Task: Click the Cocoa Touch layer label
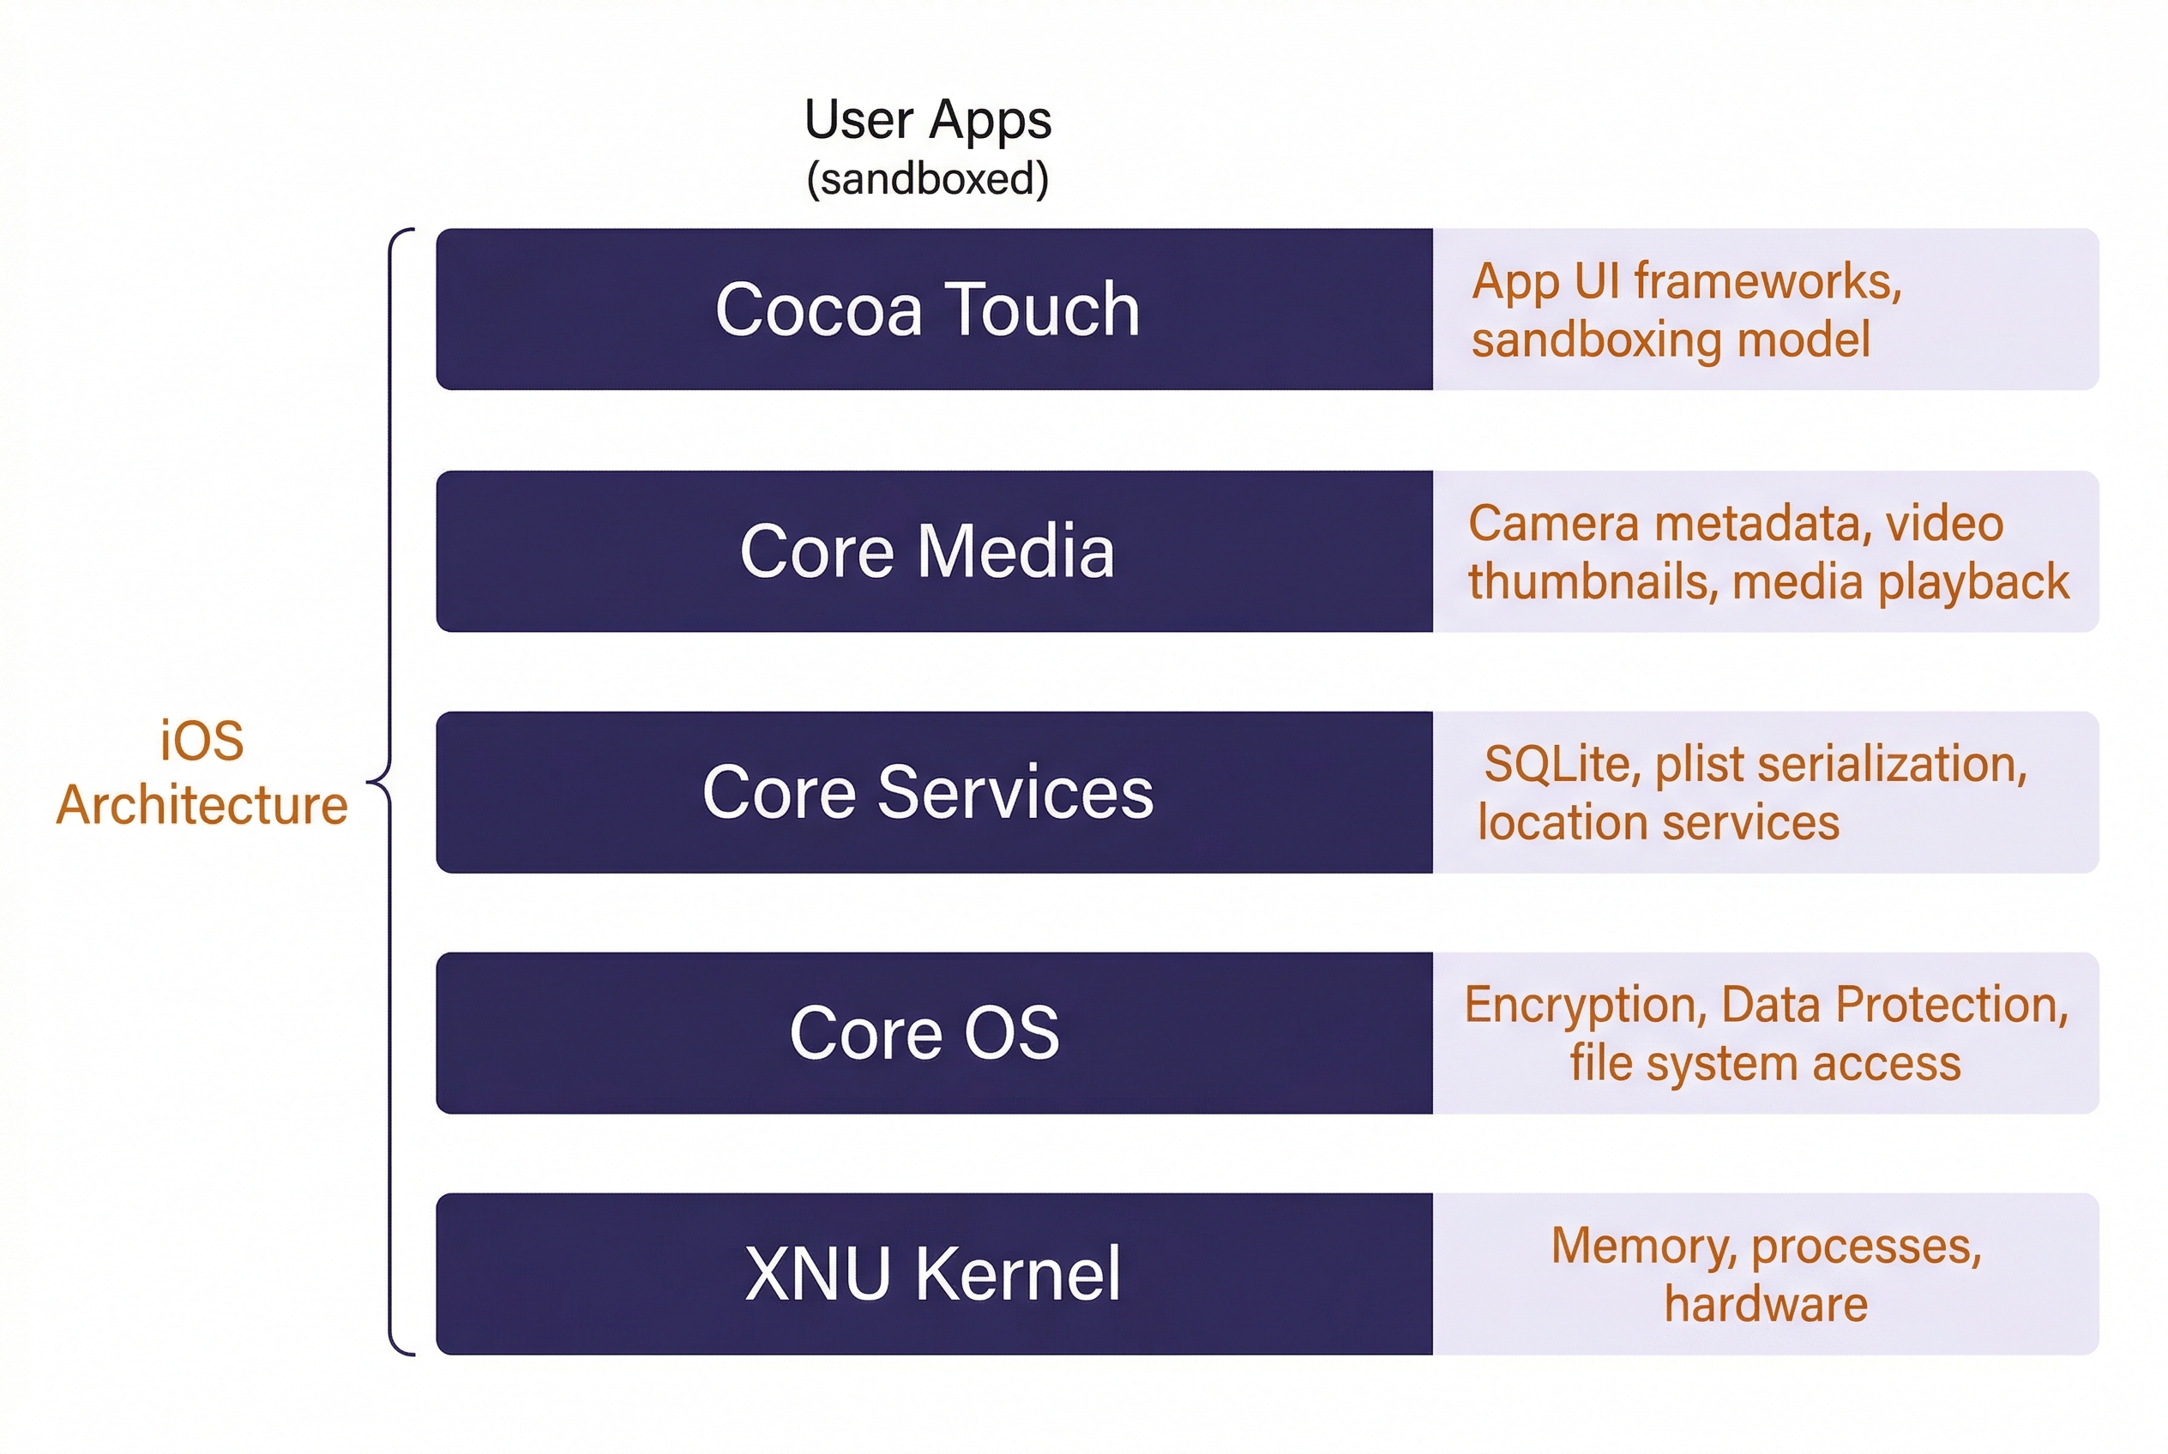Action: click(x=927, y=309)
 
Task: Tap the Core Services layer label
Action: click(x=927, y=792)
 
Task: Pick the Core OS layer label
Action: click(x=924, y=1033)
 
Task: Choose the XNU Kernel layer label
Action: click(x=932, y=1274)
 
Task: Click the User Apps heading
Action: click(x=927, y=120)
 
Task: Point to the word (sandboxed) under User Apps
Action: click(x=927, y=179)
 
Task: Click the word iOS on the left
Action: click(x=202, y=741)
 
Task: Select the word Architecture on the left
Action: click(x=202, y=805)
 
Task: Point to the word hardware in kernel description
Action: click(x=1766, y=1305)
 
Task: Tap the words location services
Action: click(x=1658, y=822)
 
